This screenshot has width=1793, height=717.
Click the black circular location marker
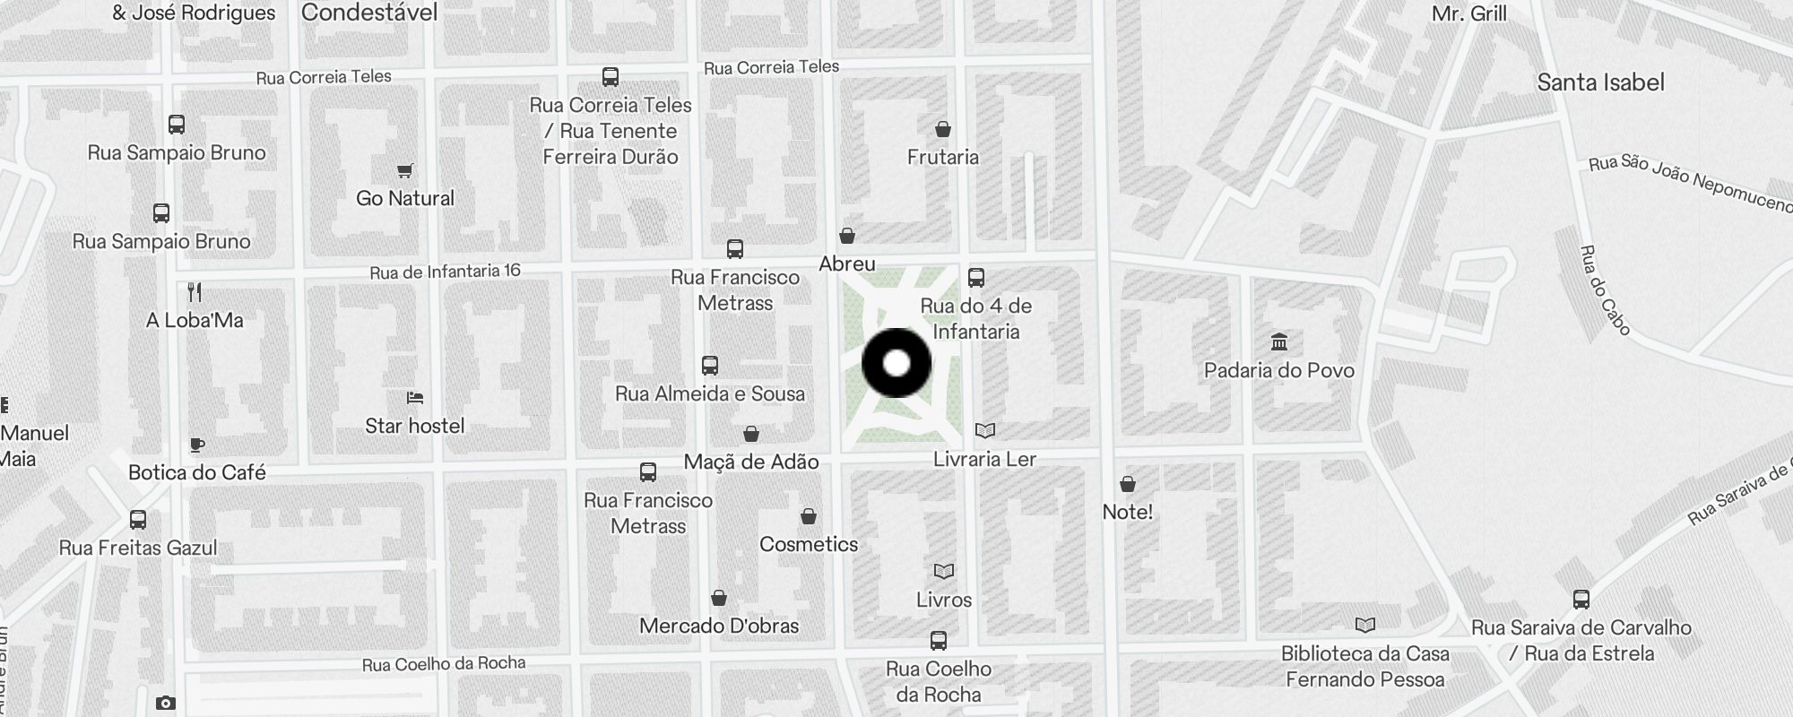click(896, 363)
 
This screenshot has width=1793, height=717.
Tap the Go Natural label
click(405, 198)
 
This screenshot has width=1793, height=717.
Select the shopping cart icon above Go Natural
click(405, 170)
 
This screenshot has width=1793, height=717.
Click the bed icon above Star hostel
click(415, 397)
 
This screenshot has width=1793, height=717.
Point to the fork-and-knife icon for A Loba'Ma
click(195, 292)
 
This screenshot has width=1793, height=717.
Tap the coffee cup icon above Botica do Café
click(197, 445)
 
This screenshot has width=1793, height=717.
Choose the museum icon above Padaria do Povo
click(1279, 342)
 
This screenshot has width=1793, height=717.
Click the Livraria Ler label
click(984, 459)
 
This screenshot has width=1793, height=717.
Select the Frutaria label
click(943, 157)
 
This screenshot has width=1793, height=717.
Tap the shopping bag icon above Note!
click(1128, 484)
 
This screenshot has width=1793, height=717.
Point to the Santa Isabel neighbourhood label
click(1600, 82)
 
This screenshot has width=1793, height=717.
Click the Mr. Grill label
click(1469, 13)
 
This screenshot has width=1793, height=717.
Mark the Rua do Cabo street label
click(1605, 290)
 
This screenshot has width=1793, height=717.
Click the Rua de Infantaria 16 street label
click(445, 272)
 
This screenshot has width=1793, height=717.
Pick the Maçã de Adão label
click(751, 462)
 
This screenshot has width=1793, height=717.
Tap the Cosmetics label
click(809, 544)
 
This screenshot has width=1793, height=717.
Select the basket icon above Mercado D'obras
click(719, 598)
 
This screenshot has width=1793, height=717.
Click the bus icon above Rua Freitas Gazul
click(138, 520)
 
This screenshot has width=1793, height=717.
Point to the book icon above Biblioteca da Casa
click(1365, 626)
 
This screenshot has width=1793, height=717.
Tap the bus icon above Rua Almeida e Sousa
click(710, 366)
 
